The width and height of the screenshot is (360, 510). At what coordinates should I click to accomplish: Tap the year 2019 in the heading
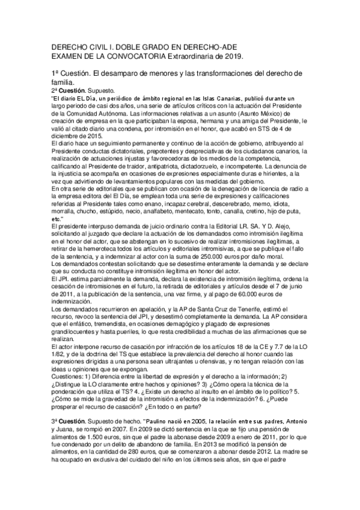pyautogui.click(x=233, y=55)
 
